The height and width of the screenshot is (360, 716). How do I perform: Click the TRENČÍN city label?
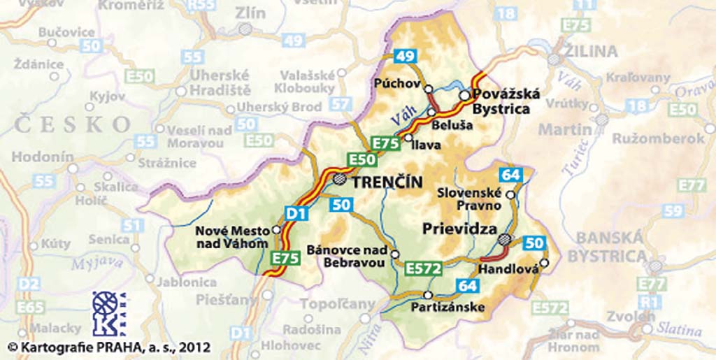click(x=387, y=182)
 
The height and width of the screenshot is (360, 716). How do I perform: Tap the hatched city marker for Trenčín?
click(x=339, y=179)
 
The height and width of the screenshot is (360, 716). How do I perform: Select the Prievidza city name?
click(x=459, y=229)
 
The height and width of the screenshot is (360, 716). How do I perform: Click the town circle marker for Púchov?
click(x=429, y=89)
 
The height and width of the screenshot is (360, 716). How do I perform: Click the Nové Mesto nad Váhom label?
click(x=231, y=236)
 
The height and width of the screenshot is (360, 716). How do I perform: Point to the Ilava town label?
click(x=427, y=145)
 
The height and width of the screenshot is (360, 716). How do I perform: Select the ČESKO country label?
click(x=72, y=124)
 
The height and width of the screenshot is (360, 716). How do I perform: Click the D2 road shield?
click(x=29, y=284)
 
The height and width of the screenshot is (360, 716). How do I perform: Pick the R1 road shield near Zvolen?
click(x=648, y=302)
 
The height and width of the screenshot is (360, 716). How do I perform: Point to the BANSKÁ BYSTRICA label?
click(x=606, y=247)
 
